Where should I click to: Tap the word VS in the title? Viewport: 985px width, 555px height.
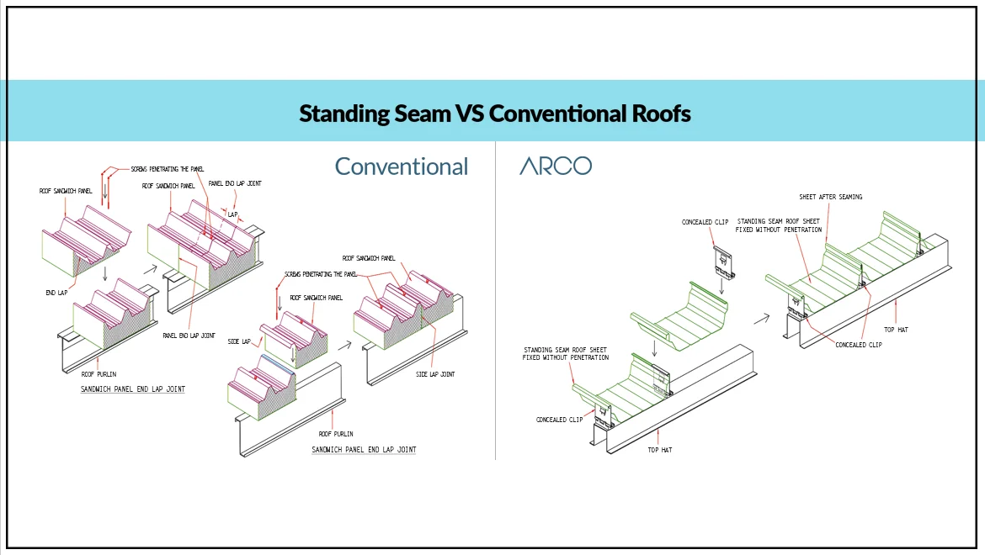pos(469,113)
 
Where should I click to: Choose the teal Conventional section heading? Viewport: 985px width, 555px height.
pos(402,166)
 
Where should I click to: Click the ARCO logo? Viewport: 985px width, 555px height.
pos(556,166)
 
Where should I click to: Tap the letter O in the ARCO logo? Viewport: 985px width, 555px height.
pos(581,166)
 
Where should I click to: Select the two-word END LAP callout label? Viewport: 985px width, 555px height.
pos(56,293)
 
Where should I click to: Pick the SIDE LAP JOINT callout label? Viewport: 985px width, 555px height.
pos(435,374)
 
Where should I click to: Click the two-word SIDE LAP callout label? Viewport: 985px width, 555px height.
pos(240,342)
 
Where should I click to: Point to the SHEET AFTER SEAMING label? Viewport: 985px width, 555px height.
pos(830,198)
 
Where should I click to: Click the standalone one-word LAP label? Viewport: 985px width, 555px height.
pos(233,214)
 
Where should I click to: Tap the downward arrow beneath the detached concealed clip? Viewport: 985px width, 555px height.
pos(722,288)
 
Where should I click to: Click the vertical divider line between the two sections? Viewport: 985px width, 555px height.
pos(496,303)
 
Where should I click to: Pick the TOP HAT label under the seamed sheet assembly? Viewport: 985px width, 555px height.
pos(896,330)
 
